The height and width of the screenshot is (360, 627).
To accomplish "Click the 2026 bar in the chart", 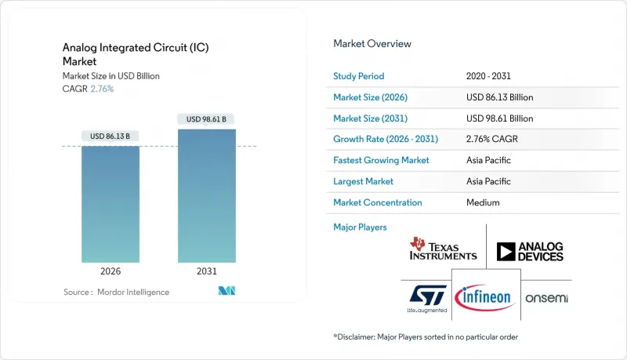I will [x=110, y=204].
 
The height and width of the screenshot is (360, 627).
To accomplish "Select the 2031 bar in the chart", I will [x=206, y=196].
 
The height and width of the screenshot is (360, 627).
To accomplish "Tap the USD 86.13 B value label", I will [x=110, y=136].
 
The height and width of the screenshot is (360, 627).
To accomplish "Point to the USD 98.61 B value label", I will [x=206, y=119].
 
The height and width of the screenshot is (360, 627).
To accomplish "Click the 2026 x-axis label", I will [x=110, y=271].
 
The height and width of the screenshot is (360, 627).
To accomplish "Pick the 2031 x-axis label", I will [x=206, y=271].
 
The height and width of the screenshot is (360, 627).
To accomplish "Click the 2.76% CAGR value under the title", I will [x=102, y=89].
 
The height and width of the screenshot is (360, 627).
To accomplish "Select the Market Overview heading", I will [x=372, y=44].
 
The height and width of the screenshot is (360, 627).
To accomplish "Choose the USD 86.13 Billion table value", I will [x=499, y=97].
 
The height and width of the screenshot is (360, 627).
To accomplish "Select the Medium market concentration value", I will [x=482, y=202].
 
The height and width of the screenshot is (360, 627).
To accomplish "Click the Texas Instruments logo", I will [x=443, y=250].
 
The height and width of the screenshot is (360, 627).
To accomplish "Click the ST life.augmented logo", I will [x=427, y=298].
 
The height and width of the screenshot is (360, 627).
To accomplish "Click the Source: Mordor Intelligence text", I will [x=116, y=292].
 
